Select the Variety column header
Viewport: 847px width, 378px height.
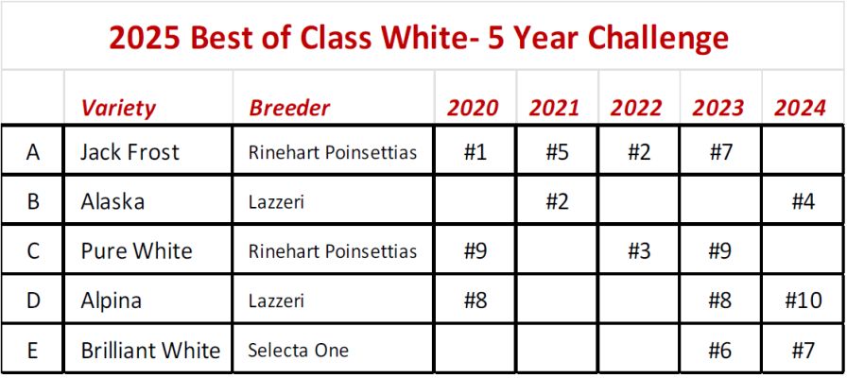point(118,108)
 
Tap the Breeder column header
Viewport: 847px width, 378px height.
point(289,108)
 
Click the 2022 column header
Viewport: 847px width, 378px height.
point(636,108)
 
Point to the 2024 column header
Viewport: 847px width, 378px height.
point(800,108)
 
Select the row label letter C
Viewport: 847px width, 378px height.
point(33,251)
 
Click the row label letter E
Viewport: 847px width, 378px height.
point(33,351)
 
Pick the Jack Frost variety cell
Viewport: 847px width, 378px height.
point(130,152)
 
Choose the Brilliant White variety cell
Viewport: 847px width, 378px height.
point(150,351)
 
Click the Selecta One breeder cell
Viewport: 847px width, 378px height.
point(298,351)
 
